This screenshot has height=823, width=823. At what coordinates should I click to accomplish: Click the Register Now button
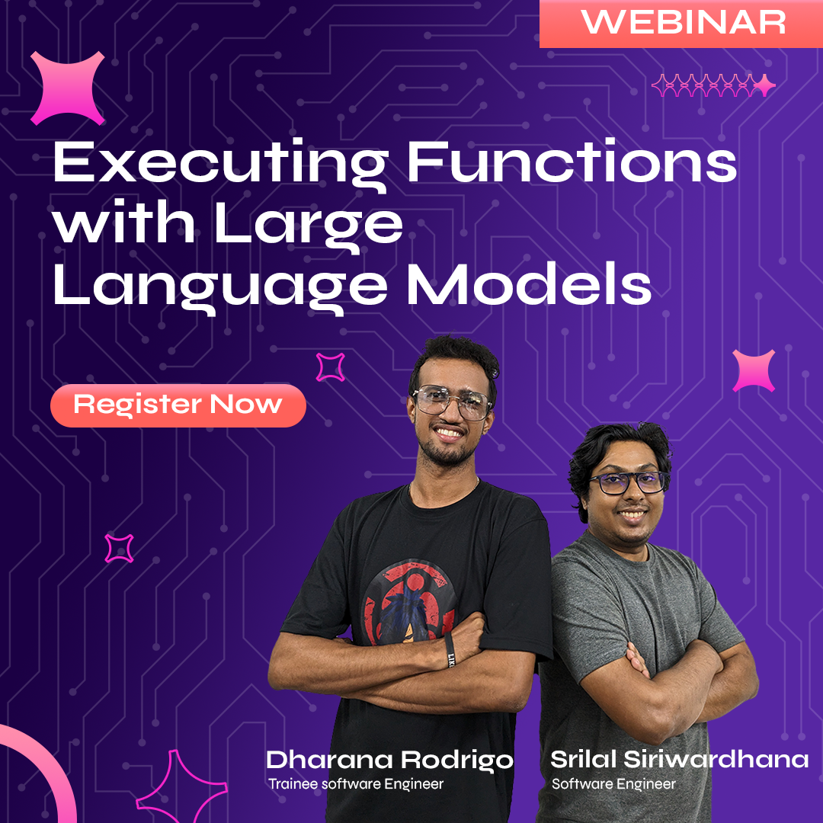(x=178, y=405)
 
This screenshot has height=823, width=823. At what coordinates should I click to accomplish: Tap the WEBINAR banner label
(x=683, y=23)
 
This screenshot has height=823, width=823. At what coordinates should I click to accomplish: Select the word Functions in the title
(x=572, y=162)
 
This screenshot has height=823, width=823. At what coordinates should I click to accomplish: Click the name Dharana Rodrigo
(x=389, y=760)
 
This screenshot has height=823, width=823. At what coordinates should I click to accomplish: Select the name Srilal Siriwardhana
(x=679, y=760)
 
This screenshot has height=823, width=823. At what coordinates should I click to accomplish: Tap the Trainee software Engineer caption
(x=355, y=783)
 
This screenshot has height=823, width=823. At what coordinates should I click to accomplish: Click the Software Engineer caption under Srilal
(x=613, y=783)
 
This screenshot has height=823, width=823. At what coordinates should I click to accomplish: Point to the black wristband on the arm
(x=450, y=649)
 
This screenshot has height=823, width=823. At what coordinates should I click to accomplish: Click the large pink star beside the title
(x=67, y=88)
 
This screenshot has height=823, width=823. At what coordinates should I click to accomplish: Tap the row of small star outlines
(x=713, y=86)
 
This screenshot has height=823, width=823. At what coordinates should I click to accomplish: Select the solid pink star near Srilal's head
(x=754, y=371)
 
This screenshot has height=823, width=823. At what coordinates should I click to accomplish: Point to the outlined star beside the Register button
(x=330, y=367)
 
